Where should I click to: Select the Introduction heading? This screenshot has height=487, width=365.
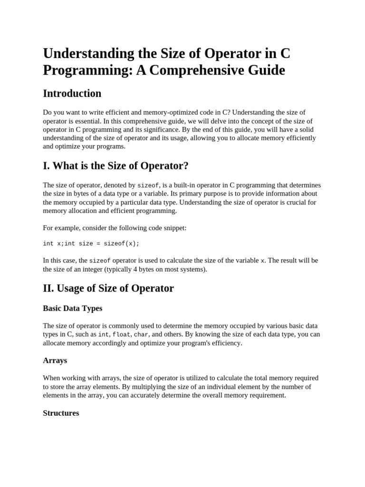point(72,93)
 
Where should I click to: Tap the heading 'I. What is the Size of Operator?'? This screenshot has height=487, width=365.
point(115,166)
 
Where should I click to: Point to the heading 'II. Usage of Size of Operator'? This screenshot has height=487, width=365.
point(108,288)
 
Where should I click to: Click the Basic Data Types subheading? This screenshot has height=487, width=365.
point(72,308)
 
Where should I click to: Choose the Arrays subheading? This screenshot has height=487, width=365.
point(55,360)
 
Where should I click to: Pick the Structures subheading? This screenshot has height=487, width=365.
point(61,413)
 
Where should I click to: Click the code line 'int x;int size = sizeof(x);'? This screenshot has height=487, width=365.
point(91,243)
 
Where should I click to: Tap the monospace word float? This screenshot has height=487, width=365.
point(121,334)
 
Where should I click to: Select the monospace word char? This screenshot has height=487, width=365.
point(141,334)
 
